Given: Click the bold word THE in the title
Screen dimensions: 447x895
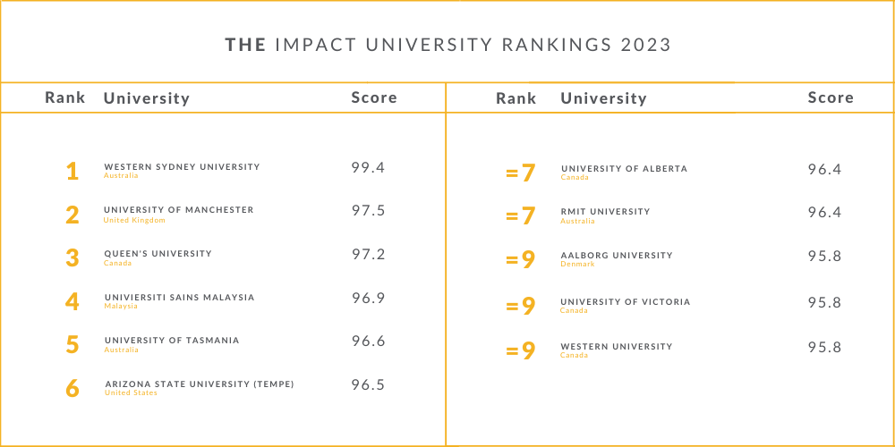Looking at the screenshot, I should point(244,46).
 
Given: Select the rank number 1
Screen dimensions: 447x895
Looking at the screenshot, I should point(72,172).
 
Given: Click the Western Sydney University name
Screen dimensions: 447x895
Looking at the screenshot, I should point(182,167).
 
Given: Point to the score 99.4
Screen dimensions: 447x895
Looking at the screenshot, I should point(368,167).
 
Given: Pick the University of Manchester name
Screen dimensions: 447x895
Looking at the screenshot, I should point(179,210).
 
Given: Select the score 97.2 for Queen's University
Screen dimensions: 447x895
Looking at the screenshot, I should point(368,255).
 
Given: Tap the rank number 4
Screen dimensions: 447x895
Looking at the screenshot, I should point(72,302).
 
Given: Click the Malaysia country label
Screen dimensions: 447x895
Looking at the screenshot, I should point(121,306).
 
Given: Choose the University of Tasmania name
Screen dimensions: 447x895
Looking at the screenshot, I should point(172,341).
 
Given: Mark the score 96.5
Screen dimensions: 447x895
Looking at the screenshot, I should point(368,385).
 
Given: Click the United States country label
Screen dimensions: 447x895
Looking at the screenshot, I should point(131,393).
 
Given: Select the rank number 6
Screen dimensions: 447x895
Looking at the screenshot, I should point(72,389).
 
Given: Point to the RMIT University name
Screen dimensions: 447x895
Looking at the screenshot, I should point(605,212).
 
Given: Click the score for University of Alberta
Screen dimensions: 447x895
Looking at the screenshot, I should point(824,169).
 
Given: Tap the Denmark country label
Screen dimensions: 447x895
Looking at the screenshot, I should point(577,265).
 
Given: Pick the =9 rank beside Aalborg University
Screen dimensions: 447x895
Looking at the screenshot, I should point(520,260).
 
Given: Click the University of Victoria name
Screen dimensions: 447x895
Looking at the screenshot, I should point(626,302).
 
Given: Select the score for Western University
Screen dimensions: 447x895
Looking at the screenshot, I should point(824,348).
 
